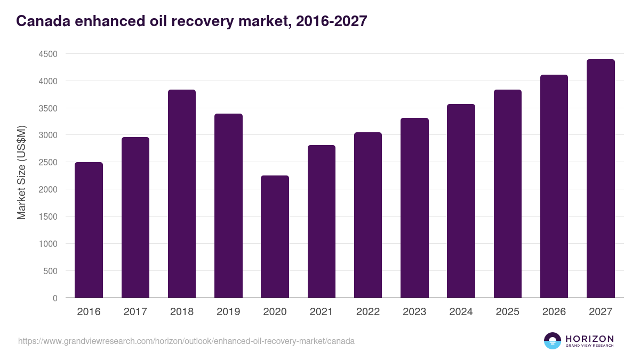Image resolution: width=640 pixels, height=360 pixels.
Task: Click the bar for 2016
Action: [x=89, y=230]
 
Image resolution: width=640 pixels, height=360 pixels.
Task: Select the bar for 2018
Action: [x=182, y=194]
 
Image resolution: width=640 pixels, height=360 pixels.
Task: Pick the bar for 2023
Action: [x=414, y=208]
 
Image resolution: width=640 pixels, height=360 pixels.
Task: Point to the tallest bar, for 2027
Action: [x=601, y=179]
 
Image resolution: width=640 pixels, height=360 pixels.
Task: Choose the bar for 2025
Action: [x=508, y=194]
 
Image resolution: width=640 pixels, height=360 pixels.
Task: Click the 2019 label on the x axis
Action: [x=228, y=312]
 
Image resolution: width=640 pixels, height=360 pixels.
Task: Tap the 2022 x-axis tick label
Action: [x=368, y=312]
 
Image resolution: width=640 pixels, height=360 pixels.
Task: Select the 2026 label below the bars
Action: [x=554, y=312]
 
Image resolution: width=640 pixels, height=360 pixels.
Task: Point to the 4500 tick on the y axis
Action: [x=47, y=54]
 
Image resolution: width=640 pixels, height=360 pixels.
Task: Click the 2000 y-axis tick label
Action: [x=47, y=189]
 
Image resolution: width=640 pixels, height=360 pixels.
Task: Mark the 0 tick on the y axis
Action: [x=54, y=298]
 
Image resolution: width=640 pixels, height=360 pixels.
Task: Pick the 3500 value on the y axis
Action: [x=47, y=108]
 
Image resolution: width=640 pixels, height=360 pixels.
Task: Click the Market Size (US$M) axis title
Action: [x=21, y=173]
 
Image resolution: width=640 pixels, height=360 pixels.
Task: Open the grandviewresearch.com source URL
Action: [x=186, y=341]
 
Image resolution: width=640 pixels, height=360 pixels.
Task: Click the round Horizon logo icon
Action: [x=553, y=341]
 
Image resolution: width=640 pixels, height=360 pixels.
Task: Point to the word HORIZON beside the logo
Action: [x=589, y=339]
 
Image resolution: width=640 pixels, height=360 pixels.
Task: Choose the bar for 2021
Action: [x=322, y=221]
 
